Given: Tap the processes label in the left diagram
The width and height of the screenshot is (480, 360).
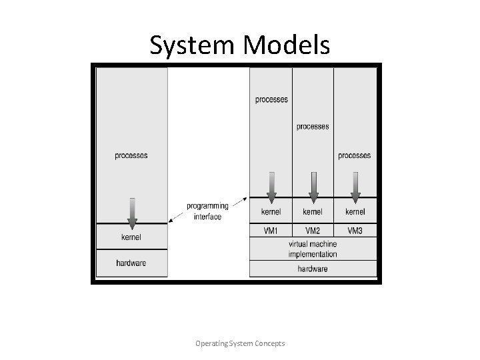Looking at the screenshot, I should coord(131,155).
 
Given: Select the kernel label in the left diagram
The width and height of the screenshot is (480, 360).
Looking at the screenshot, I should coord(131,237).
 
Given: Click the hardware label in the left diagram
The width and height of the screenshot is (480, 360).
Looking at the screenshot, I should coord(131,263).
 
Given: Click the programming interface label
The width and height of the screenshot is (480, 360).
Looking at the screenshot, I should coord(207,211).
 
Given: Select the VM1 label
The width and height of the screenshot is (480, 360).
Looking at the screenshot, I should coord(271,231).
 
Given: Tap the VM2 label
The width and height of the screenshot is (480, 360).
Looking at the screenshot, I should coord(313,231).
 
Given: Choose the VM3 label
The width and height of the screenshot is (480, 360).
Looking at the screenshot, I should coord(355,231).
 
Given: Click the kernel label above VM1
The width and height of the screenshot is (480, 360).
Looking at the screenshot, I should coord(271,212).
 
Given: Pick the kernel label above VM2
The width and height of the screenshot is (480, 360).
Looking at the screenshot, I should coord(313,212).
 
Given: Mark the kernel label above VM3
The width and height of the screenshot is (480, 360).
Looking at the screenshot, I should coord(355,212).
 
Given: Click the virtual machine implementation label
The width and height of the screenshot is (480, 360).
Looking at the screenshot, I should coord(313,249).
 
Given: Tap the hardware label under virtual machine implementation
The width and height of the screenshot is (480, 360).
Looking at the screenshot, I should coord(313,269).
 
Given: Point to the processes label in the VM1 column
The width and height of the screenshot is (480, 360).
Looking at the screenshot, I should coord(271,99).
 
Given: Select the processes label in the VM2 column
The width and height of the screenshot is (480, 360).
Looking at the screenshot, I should coord(313,126).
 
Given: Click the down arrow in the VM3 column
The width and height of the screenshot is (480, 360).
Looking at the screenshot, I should coord(355,186).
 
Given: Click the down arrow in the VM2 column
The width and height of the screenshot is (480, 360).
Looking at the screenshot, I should coord(313,186).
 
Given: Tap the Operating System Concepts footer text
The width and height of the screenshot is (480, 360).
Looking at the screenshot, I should coord(240,343).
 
